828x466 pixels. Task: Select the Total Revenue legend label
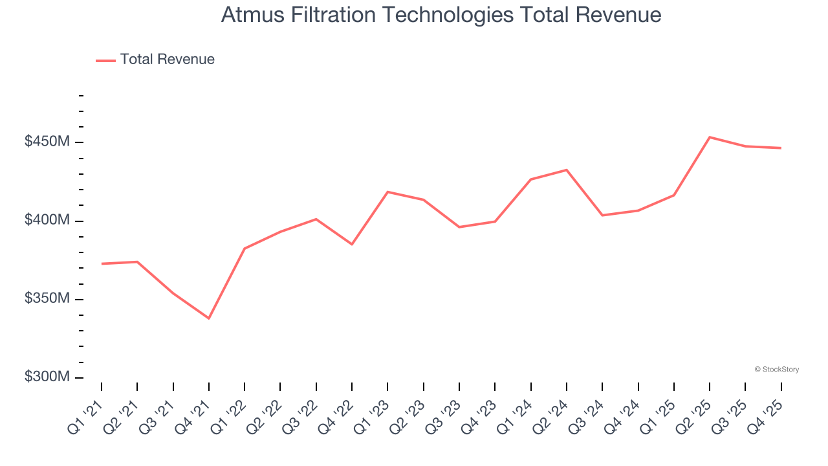[x=167, y=60]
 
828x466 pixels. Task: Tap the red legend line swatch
[x=105, y=60]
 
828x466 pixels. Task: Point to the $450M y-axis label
[x=47, y=142]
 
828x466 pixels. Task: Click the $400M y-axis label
[x=47, y=221]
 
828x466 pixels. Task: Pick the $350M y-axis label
[x=47, y=299]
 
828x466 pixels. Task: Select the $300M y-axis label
[x=47, y=377]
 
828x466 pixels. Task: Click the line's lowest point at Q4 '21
[x=209, y=318]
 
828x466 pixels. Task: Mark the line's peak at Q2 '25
[x=710, y=137]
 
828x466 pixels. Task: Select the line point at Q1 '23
[x=387, y=192]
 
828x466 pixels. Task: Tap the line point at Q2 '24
[x=567, y=170]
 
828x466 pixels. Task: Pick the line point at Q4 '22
[x=352, y=244]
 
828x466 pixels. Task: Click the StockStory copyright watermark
[x=777, y=370]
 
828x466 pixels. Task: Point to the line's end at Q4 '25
[x=781, y=148]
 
